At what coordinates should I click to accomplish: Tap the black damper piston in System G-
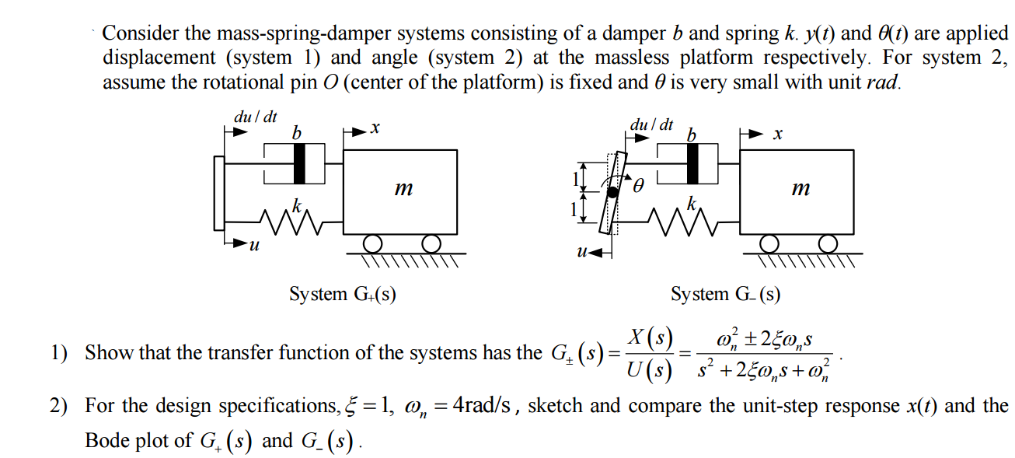pyautogui.click(x=698, y=163)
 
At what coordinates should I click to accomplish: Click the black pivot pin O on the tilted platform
pyautogui.click(x=612, y=192)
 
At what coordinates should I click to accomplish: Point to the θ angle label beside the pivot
pyautogui.click(x=639, y=186)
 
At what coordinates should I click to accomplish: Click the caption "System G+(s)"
pyautogui.click(x=342, y=294)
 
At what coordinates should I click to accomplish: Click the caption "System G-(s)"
pyautogui.click(x=726, y=294)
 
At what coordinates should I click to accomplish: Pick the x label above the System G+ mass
pyautogui.click(x=374, y=131)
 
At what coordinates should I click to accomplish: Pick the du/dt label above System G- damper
pyautogui.click(x=651, y=124)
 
